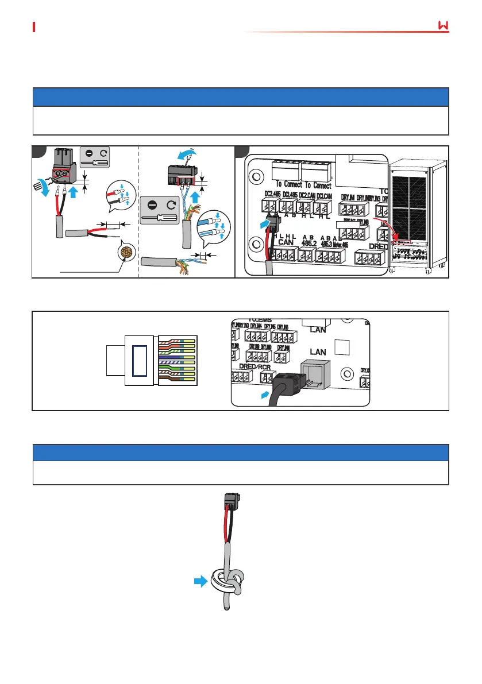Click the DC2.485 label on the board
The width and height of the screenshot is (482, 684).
[272, 194]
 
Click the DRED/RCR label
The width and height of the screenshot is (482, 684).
[255, 366]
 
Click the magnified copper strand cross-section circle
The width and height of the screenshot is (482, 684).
[126, 253]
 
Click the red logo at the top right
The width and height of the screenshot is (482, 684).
[442, 27]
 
